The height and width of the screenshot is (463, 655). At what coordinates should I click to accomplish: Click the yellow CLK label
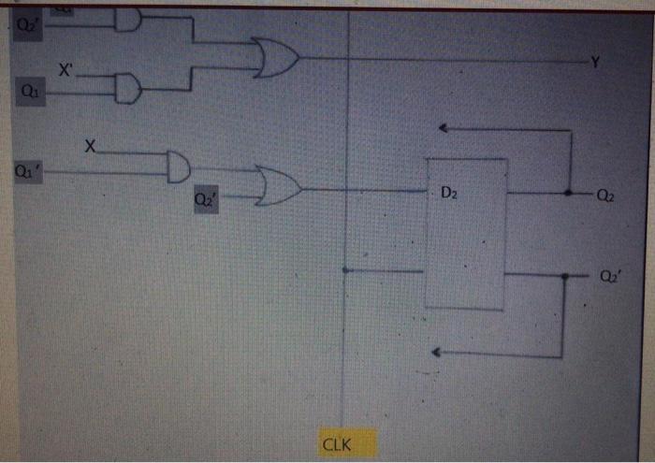click(x=337, y=443)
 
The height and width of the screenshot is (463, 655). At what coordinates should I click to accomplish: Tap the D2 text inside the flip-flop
click(x=449, y=194)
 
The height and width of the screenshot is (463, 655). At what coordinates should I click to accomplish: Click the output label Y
click(x=594, y=62)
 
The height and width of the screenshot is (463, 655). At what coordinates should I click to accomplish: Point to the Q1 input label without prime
click(x=31, y=92)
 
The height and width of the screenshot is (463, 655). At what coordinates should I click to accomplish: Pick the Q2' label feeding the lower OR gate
click(x=205, y=199)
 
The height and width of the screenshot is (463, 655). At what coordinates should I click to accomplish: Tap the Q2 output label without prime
click(x=605, y=195)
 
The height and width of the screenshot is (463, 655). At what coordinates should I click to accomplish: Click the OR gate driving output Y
click(x=277, y=59)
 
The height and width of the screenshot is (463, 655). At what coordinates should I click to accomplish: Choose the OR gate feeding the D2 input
click(x=279, y=187)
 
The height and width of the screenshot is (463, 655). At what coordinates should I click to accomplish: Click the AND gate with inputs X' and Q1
click(x=128, y=90)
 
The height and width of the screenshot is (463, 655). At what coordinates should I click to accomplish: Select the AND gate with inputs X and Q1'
click(x=177, y=166)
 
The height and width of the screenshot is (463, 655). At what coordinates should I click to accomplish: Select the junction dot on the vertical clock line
click(x=345, y=270)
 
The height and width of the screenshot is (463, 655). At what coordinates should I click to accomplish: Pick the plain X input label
click(x=90, y=147)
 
